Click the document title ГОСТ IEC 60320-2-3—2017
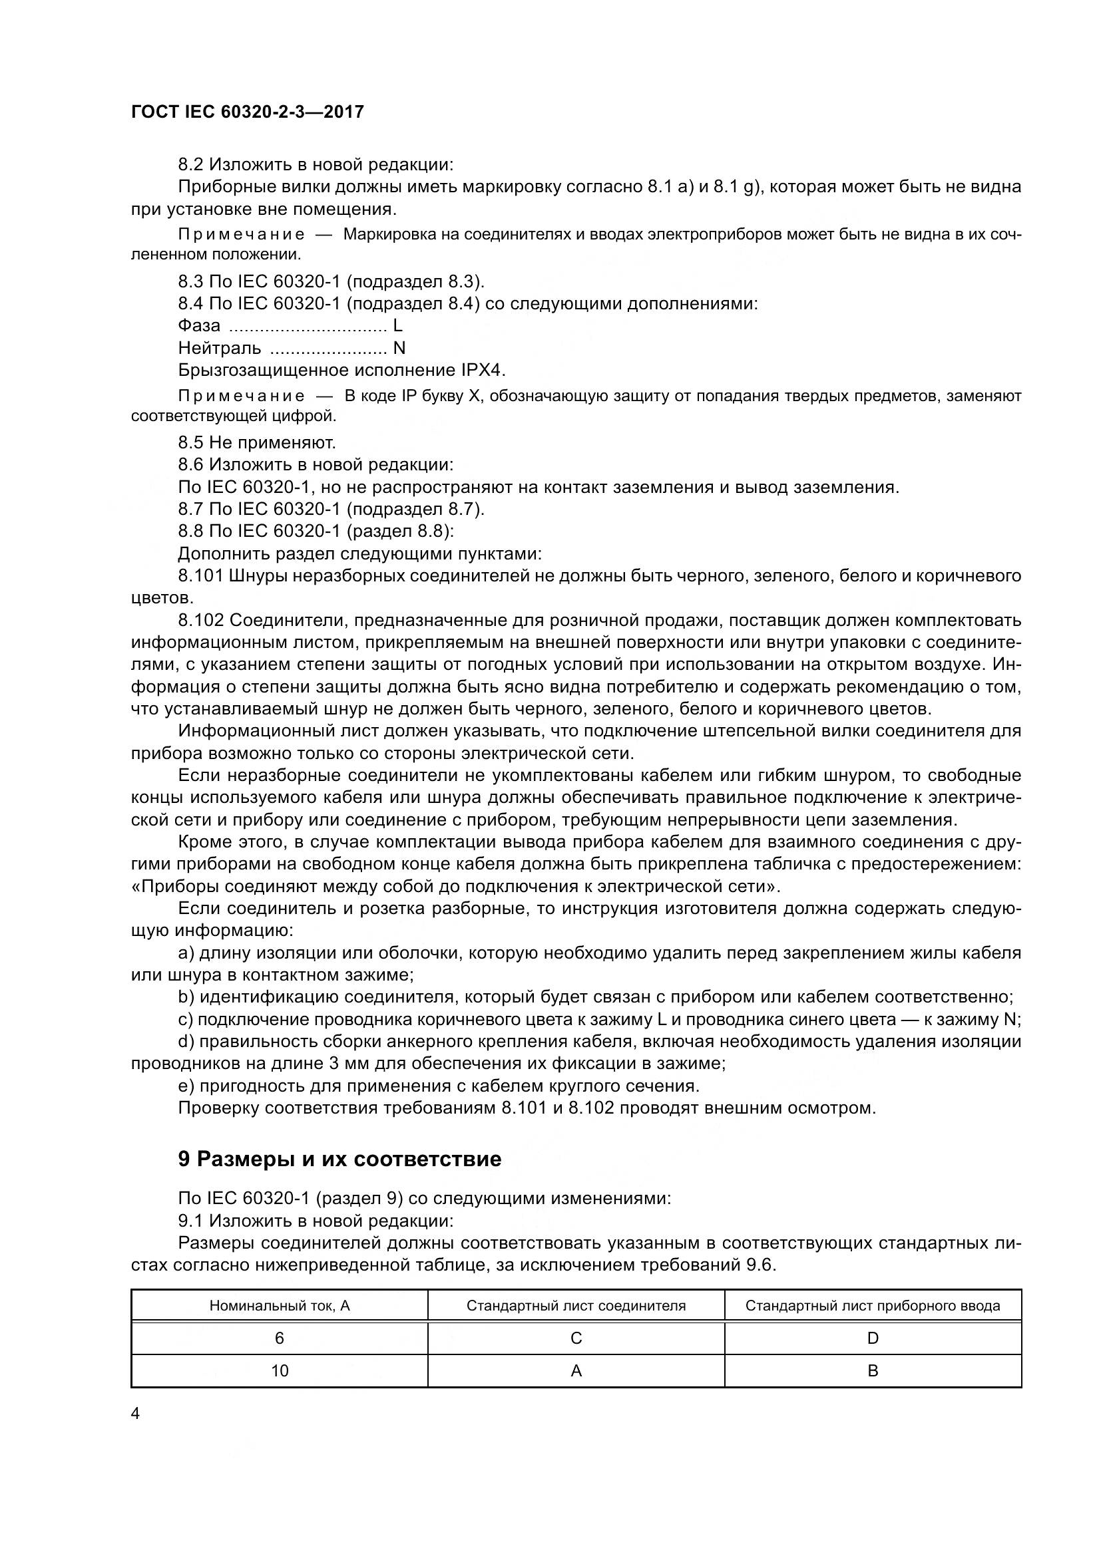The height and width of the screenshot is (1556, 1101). coord(247,112)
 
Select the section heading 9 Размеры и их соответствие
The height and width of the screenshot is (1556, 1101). coord(339,1159)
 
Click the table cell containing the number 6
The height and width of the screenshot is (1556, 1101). coord(280,1338)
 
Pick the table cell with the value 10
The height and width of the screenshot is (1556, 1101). coord(280,1370)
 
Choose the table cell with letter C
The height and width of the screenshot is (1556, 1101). coord(576,1338)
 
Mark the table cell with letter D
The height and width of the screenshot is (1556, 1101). coord(873,1338)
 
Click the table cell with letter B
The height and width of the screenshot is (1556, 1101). coord(873,1370)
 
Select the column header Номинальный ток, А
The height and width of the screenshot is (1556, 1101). coord(280,1305)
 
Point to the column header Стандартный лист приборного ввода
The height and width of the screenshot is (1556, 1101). coord(873,1305)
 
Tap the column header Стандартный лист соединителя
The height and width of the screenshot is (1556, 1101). coord(576,1305)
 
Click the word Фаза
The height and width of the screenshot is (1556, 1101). coord(198,326)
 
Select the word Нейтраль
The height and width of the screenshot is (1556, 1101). coord(219,349)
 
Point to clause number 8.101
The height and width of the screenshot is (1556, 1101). coord(200,576)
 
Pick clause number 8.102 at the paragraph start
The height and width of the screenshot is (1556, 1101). coord(200,620)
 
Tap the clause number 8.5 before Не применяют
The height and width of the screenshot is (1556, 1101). coord(190,442)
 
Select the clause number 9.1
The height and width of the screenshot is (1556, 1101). coord(190,1221)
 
